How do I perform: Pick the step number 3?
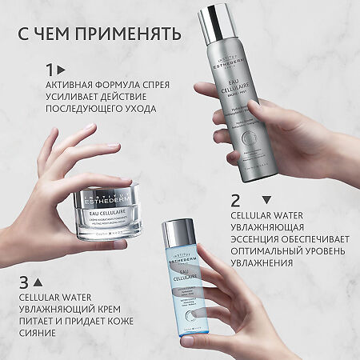click(25, 282)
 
